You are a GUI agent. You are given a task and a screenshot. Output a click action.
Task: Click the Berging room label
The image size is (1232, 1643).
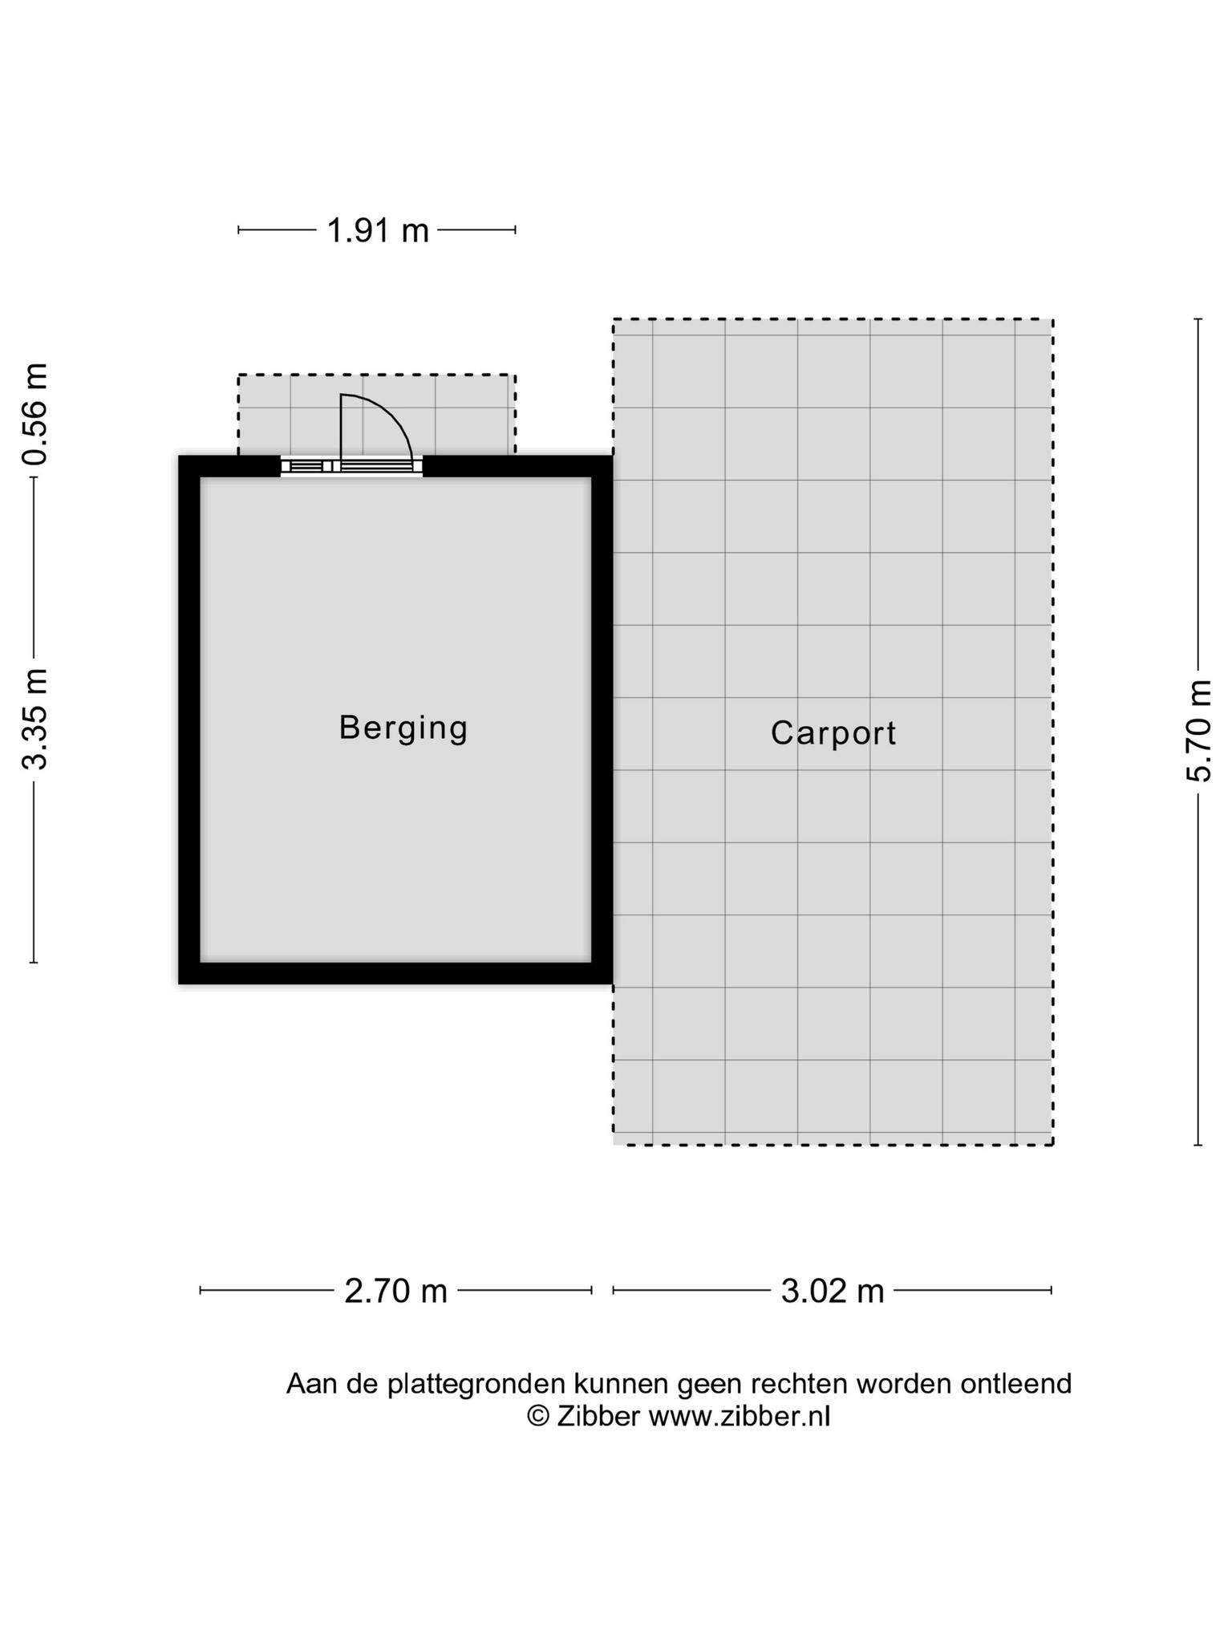click(403, 728)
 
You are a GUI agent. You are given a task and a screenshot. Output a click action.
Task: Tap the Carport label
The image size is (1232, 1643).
click(833, 733)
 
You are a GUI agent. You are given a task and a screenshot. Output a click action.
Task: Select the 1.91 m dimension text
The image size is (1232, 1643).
click(378, 231)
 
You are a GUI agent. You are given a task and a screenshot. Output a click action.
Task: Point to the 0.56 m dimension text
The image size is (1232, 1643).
click(36, 414)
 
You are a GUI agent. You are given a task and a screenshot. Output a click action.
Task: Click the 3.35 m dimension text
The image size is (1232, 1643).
click(36, 719)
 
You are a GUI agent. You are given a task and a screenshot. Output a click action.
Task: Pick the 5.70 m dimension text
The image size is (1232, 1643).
click(1199, 730)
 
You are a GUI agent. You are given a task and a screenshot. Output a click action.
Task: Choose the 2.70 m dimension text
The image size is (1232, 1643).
click(396, 1292)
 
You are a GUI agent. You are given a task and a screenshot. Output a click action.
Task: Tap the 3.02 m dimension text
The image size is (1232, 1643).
click(833, 1292)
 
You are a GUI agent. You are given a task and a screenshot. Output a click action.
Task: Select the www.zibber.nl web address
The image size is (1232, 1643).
click(740, 1417)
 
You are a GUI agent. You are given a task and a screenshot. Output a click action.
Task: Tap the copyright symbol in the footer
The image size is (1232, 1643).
click(537, 1418)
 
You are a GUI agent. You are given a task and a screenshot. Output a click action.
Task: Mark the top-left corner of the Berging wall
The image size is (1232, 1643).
click(179, 456)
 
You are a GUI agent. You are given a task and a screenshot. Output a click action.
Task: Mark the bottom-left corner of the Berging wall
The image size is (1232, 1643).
click(179, 984)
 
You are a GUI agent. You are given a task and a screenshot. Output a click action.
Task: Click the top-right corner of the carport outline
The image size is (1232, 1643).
click(1052, 319)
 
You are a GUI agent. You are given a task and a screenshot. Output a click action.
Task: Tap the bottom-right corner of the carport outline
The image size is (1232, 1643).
click(1052, 1144)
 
